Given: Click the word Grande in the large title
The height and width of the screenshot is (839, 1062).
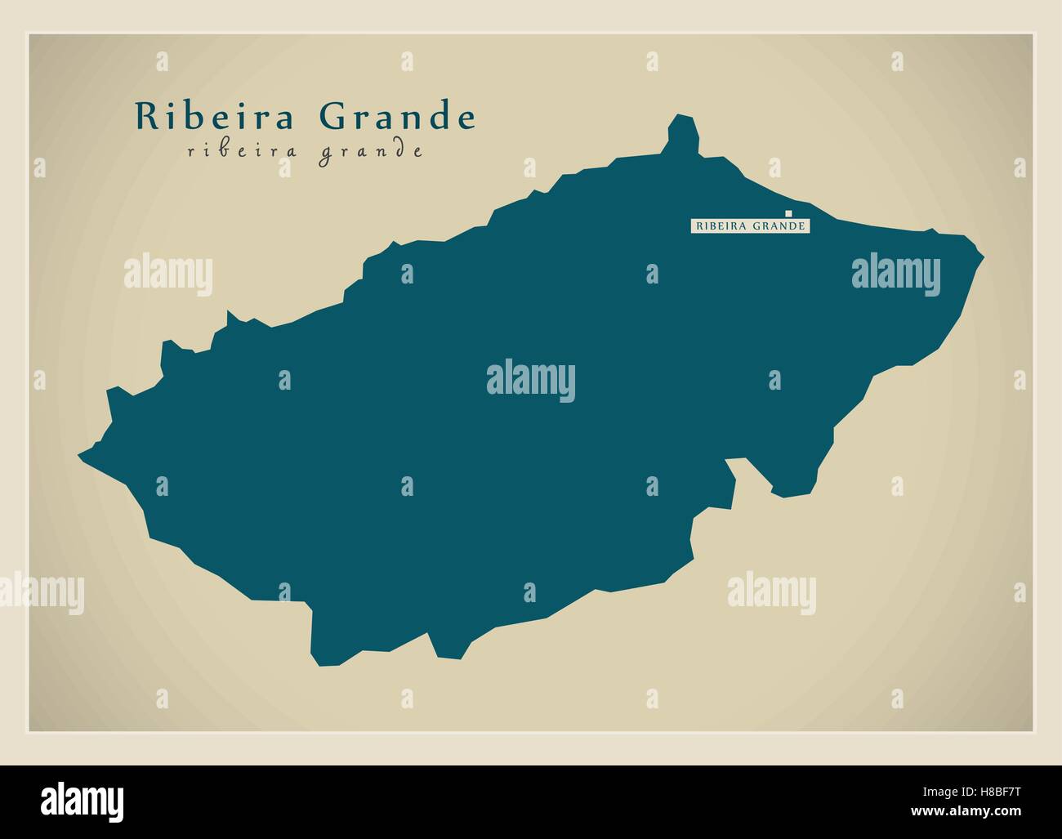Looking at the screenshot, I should point(397,117).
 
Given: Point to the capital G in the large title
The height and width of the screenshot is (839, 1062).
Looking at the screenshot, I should point(332,117).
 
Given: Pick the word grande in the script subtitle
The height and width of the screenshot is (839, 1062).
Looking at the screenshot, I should point(371,152).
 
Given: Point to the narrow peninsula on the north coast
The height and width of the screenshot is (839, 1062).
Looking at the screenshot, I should point(683,135).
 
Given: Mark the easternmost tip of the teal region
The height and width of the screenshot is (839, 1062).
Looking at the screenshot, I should point(983,258).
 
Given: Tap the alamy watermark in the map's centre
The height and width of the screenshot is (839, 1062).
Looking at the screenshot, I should point(531,381).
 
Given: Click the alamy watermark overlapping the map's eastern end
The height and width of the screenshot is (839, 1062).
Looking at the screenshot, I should point(895,272).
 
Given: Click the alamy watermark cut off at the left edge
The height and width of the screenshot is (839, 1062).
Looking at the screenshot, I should point(41,591).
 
